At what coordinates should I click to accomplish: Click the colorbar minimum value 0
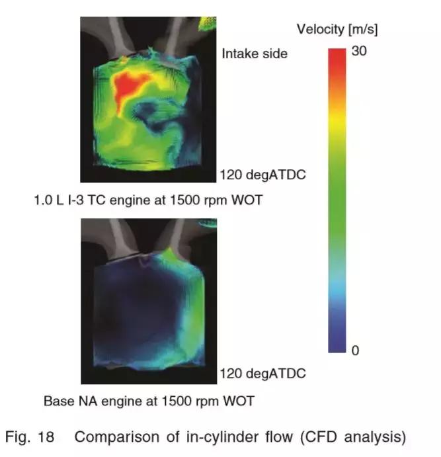(355, 351)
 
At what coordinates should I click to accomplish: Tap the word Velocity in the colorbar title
(319, 29)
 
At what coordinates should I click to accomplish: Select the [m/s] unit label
(361, 29)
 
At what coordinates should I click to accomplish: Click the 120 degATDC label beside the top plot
(262, 176)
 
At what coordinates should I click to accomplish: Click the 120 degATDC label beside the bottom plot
(262, 374)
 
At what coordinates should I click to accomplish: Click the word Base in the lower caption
(57, 401)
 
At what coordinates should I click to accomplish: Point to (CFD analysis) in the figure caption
(357, 437)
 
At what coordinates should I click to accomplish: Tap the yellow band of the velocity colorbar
(338, 126)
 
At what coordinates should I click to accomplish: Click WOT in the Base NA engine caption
(240, 401)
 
